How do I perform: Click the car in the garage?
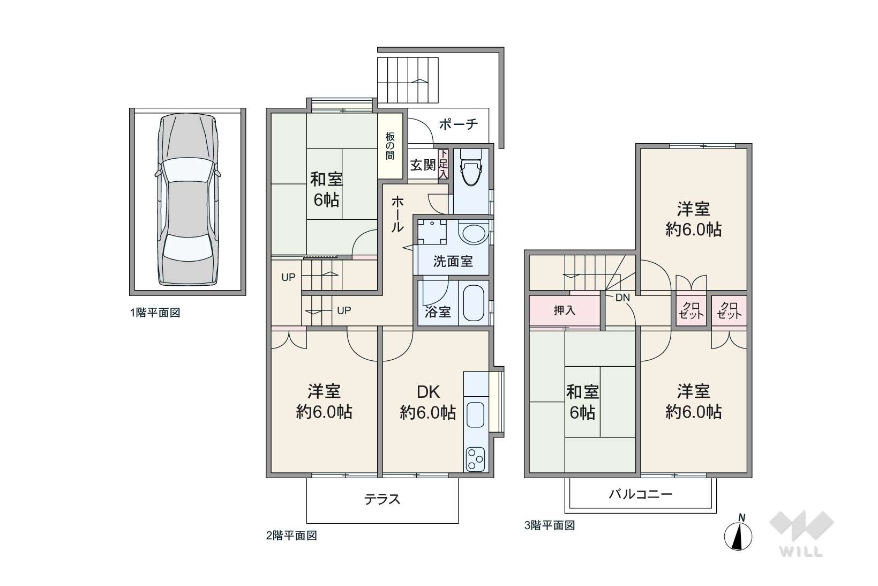(187, 199)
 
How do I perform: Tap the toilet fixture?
(471, 169)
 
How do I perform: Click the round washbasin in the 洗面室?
(473, 234)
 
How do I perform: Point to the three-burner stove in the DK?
(476, 459)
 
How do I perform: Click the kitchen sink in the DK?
(476, 414)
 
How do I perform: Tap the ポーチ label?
(458, 124)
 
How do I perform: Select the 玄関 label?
(423, 165)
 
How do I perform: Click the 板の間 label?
(390, 146)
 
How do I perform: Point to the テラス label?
(382, 499)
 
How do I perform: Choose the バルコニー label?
(641, 494)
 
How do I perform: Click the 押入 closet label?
(565, 310)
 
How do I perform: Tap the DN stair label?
(622, 298)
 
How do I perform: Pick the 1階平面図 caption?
(155, 313)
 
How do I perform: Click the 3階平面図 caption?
(550, 525)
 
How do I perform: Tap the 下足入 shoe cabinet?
(444, 164)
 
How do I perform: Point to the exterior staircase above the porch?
(408, 80)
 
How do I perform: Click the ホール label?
(397, 214)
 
